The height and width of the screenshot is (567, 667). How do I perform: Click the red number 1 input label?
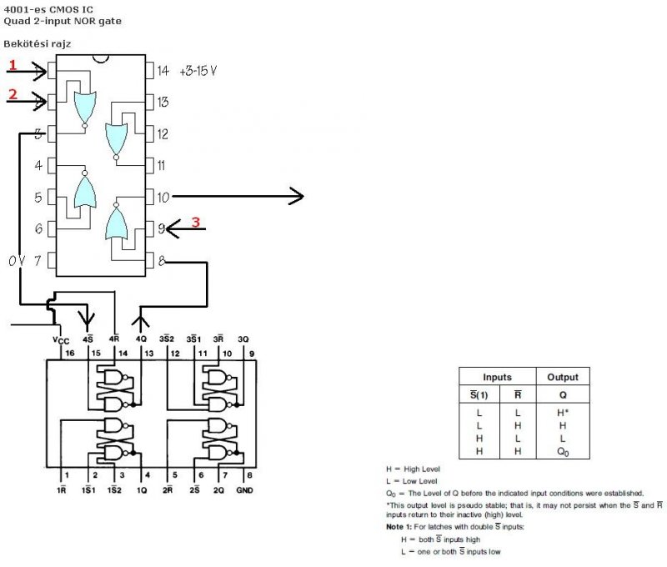click(x=13, y=65)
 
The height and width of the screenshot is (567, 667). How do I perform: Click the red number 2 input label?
click(x=13, y=94)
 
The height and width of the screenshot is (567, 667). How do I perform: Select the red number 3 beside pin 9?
click(x=196, y=222)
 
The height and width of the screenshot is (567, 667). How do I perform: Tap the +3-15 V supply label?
click(x=198, y=72)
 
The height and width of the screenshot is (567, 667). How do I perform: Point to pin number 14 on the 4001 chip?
click(x=163, y=72)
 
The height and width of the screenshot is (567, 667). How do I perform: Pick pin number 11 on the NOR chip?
click(x=162, y=166)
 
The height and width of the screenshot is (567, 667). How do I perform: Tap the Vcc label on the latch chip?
click(x=60, y=339)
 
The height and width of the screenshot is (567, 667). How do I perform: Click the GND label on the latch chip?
click(x=244, y=490)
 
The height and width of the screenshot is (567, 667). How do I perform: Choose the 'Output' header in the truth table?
click(x=562, y=377)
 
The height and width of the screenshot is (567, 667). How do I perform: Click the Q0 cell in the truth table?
click(x=562, y=450)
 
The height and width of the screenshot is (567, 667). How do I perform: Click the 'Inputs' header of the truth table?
click(x=497, y=377)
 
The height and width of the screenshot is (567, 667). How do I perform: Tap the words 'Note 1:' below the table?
click(x=401, y=527)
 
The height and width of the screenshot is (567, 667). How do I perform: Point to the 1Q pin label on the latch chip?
click(x=142, y=490)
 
